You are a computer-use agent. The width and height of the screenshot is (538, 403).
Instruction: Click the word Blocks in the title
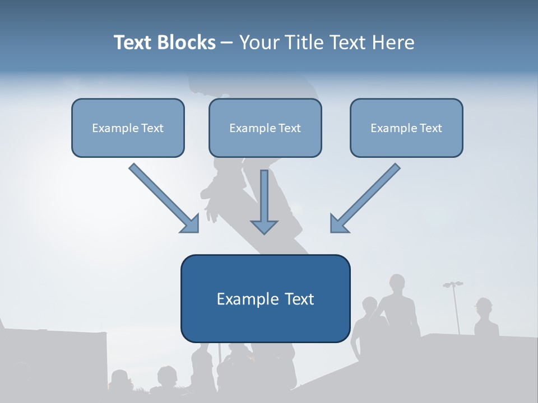click(x=186, y=43)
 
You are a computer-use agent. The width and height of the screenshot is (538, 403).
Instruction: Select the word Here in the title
click(x=393, y=43)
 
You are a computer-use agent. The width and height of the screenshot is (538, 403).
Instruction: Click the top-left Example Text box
click(x=128, y=128)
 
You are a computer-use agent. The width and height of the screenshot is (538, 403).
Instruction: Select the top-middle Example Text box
click(x=265, y=128)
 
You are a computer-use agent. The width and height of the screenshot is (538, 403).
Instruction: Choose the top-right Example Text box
click(x=407, y=128)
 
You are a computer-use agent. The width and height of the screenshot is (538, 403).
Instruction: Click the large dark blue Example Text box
click(x=266, y=298)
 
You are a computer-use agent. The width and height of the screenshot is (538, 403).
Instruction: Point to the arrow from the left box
click(x=164, y=198)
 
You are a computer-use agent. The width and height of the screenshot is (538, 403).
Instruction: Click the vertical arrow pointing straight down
click(x=264, y=202)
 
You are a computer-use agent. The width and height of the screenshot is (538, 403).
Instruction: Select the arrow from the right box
click(x=365, y=198)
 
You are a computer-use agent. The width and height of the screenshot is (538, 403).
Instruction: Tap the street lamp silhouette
click(x=455, y=307)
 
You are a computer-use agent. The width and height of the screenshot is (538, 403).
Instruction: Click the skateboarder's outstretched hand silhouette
click(x=211, y=212)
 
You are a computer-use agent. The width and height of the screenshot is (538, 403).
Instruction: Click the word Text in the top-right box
click(x=431, y=128)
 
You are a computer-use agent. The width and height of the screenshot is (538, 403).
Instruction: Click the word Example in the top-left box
click(x=115, y=128)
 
